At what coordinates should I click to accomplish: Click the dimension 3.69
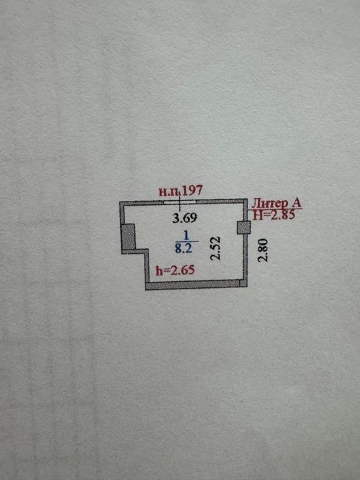(184, 218)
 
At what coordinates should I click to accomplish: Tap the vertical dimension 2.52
(217, 248)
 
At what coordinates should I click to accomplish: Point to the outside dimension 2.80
(263, 250)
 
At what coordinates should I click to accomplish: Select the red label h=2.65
(175, 270)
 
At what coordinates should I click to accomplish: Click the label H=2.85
(274, 215)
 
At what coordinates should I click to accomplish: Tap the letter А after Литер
(296, 204)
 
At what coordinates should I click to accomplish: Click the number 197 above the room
(192, 191)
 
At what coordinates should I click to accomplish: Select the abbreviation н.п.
(170, 192)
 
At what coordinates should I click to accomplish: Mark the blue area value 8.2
(183, 248)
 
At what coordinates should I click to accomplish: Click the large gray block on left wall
(129, 237)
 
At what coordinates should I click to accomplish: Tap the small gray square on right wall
(244, 228)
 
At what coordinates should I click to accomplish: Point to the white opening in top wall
(180, 202)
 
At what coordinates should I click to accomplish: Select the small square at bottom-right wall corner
(243, 283)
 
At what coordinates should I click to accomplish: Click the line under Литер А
(277, 209)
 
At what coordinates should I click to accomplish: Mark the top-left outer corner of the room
(120, 202)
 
